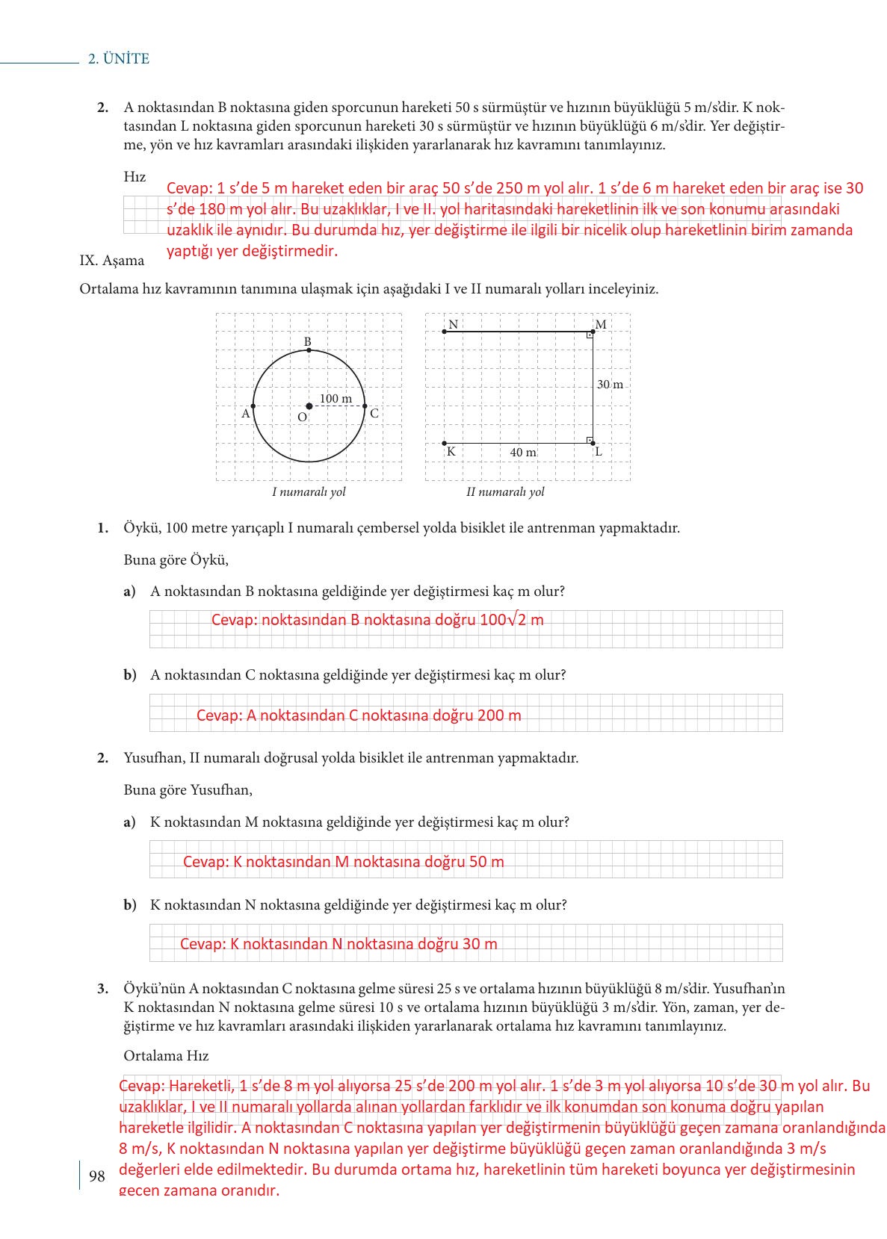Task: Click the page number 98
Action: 97,1176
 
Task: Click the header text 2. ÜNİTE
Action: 119,59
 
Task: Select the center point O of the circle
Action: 309,406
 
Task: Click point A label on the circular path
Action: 245,413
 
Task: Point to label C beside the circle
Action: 374,413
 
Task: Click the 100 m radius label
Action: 336,399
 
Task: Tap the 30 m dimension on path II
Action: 610,385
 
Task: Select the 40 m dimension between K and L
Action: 523,453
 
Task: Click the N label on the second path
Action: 453,324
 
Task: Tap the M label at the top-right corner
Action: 601,324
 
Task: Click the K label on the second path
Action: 451,451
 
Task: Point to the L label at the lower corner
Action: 599,451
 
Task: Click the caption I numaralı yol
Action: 309,492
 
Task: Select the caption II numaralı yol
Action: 505,492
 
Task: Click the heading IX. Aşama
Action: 112,261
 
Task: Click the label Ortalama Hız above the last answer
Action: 166,1055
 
